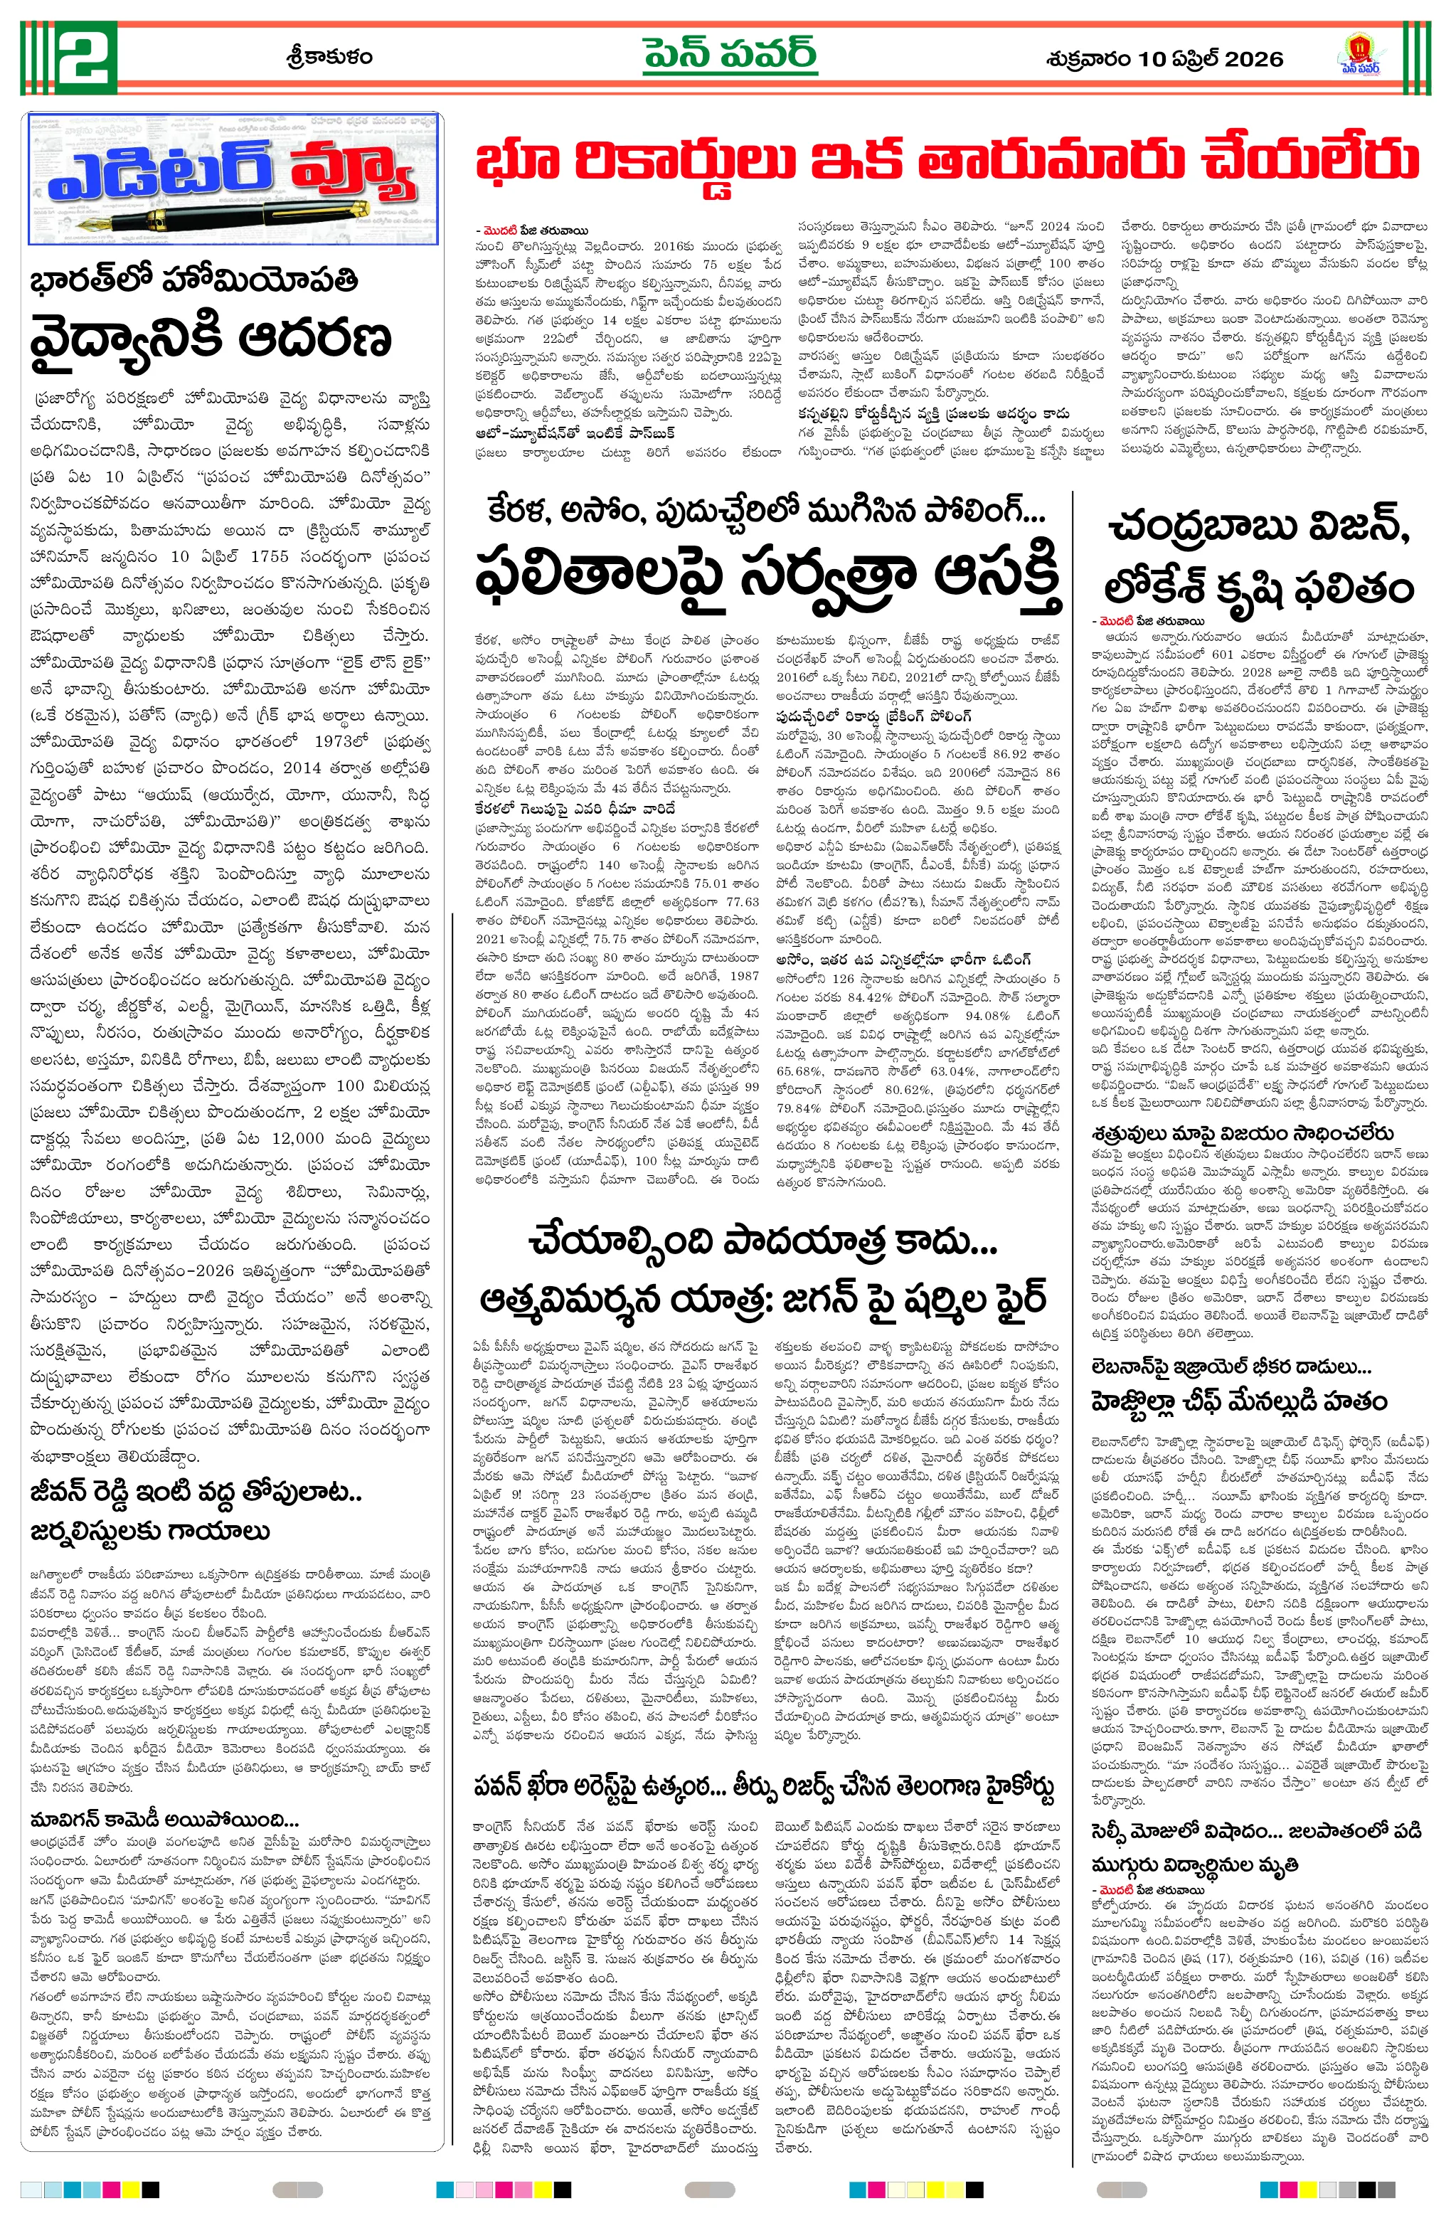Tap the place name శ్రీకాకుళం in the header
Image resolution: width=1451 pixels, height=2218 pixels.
(328, 58)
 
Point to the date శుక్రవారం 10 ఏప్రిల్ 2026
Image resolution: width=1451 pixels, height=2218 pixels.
(1164, 60)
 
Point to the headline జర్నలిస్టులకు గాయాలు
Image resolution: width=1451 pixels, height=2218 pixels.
(150, 1532)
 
